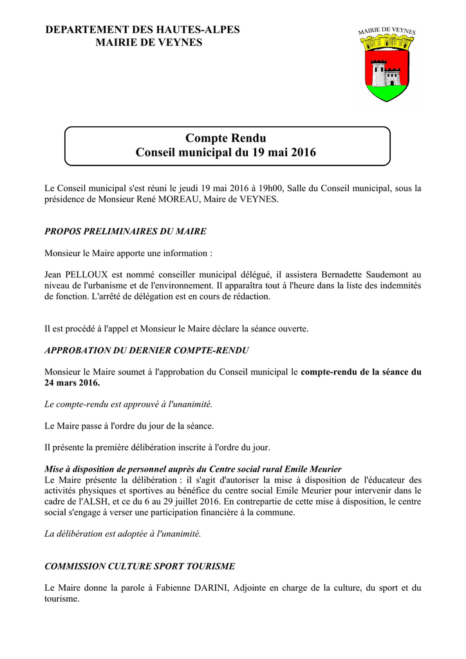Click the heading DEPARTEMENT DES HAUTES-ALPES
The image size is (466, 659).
pyautogui.click(x=142, y=30)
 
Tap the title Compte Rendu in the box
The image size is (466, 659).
pyautogui.click(x=225, y=138)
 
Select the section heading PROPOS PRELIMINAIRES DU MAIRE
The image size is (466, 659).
pyautogui.click(x=125, y=231)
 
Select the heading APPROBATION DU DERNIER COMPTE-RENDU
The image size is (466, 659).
pyautogui.click(x=146, y=350)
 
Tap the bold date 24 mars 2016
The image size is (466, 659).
pyautogui.click(x=72, y=382)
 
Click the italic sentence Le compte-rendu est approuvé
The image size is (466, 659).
pyautogui.click(x=128, y=404)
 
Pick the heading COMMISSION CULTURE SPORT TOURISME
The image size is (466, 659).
pyautogui.click(x=140, y=566)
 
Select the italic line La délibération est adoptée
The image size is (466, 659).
pyautogui.click(x=122, y=534)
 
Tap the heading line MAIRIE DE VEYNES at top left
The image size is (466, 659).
pyautogui.click(x=149, y=42)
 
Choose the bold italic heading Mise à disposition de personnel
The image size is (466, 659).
pyautogui.click(x=193, y=469)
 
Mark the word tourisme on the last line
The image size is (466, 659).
pyautogui.click(x=61, y=599)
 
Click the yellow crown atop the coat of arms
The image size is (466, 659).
pyautogui.click(x=387, y=43)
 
